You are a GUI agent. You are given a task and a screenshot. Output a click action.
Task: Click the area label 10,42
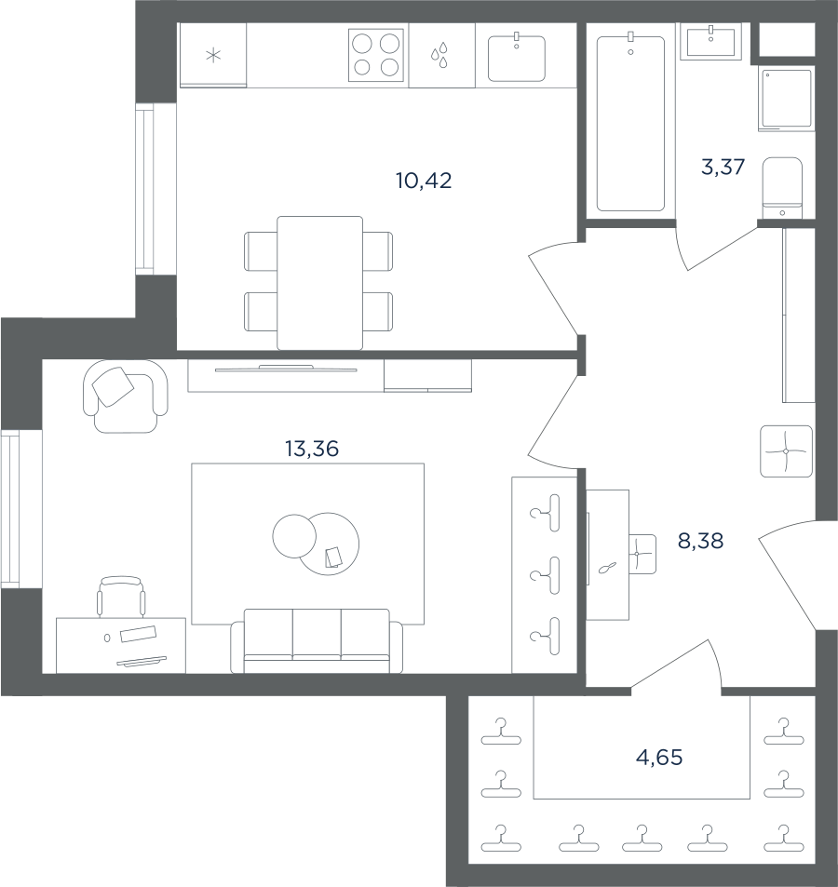click(x=424, y=181)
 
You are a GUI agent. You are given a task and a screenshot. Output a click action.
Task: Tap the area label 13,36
click(x=312, y=450)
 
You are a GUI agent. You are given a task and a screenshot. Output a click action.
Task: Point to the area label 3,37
click(x=723, y=168)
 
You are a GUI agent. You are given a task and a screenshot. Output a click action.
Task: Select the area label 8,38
click(x=700, y=542)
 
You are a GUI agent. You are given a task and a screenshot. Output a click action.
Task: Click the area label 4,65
click(x=659, y=757)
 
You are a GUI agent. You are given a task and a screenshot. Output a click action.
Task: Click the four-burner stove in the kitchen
click(x=376, y=55)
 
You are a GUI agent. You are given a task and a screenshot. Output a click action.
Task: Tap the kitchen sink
click(x=517, y=58)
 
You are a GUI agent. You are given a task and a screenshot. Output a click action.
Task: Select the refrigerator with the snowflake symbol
click(x=212, y=56)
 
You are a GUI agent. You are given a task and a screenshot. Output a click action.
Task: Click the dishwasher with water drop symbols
click(x=442, y=56)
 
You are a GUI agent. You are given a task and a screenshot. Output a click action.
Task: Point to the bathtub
click(x=631, y=123)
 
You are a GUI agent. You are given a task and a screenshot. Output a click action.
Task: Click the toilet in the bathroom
click(x=782, y=188)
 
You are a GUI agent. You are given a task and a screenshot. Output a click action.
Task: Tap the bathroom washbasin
click(x=711, y=41)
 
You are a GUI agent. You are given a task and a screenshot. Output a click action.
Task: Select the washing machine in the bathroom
click(x=787, y=99)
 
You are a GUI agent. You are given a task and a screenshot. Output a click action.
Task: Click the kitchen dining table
click(x=319, y=283)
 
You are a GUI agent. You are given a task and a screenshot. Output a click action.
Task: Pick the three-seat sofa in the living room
click(x=317, y=641)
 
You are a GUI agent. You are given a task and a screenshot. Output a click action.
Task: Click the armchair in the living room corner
click(x=126, y=396)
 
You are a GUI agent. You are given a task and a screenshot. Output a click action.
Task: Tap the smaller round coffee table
click(x=294, y=536)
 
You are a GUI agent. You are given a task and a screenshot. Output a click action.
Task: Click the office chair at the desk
click(x=120, y=597)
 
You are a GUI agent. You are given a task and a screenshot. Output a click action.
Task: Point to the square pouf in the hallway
click(x=786, y=450)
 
